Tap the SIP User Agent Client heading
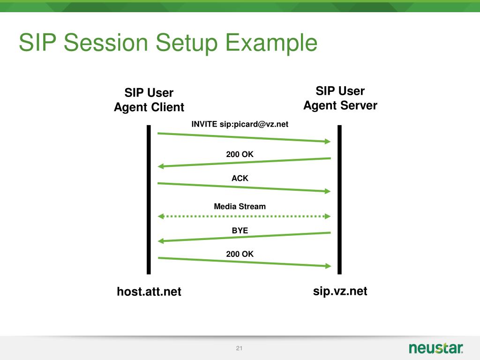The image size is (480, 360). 149,100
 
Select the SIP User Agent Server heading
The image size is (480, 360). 340,98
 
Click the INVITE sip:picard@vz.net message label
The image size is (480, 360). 240,124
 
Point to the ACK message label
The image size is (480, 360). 240,178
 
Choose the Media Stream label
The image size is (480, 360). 240,206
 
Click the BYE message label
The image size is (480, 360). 240,230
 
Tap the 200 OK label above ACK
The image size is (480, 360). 240,154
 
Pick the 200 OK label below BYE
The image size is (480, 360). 240,254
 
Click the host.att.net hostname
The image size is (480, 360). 149,292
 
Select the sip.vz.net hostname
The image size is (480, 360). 340,291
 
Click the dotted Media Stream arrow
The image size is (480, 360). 244,217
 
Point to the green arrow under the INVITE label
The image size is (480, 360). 244,137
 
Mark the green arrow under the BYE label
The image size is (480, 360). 244,237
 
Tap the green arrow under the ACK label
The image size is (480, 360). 244,187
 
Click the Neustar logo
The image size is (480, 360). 436,348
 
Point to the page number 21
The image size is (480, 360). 240,348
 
